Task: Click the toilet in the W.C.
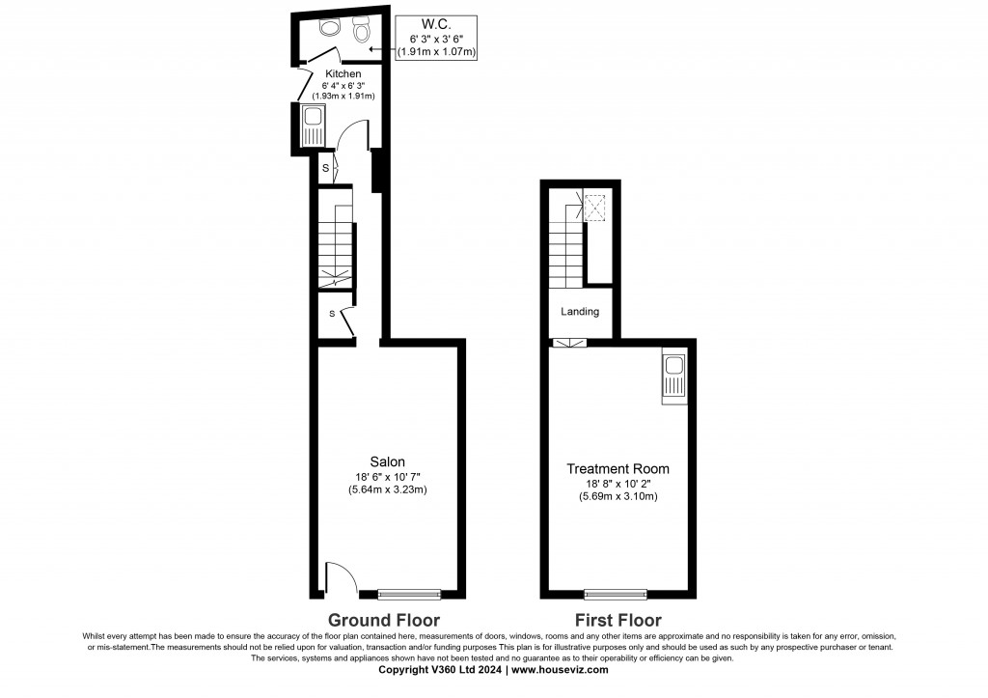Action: tap(363, 31)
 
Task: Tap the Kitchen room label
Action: tap(343, 73)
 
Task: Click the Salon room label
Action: tap(387, 461)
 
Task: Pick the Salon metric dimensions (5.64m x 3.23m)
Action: tap(387, 489)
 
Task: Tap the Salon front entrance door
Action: tap(339, 579)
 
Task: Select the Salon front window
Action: tap(409, 594)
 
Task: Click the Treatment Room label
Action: tap(617, 469)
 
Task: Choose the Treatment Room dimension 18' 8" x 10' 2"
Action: tap(617, 484)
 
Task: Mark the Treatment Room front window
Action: tap(616, 594)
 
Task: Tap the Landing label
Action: tap(580, 312)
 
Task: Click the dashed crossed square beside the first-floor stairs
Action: tap(595, 207)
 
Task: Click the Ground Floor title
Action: tap(384, 620)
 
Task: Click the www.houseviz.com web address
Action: tap(560, 669)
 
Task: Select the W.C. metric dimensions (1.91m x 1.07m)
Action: tap(437, 51)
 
